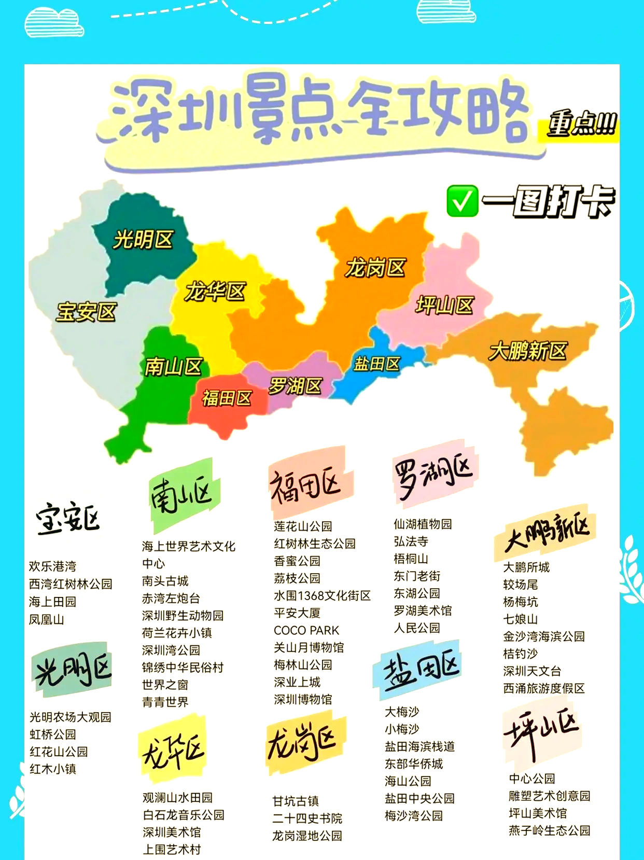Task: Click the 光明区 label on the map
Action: click(143, 240)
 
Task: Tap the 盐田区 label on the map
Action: click(377, 364)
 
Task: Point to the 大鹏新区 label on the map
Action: click(527, 351)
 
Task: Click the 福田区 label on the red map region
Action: click(227, 398)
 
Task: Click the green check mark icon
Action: click(461, 201)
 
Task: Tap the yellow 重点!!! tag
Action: click(582, 124)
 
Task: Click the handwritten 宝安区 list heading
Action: click(68, 518)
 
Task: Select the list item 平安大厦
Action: click(297, 613)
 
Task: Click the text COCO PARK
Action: click(306, 630)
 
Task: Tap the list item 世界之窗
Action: click(165, 685)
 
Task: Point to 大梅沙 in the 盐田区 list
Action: click(402, 712)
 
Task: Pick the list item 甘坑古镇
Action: click(296, 801)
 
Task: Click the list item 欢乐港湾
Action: click(52, 566)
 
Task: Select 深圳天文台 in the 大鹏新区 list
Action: click(532, 671)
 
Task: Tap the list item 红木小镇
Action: click(53, 769)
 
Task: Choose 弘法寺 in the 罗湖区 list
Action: click(411, 542)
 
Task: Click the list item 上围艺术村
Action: click(172, 849)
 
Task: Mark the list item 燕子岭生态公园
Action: click(550, 830)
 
